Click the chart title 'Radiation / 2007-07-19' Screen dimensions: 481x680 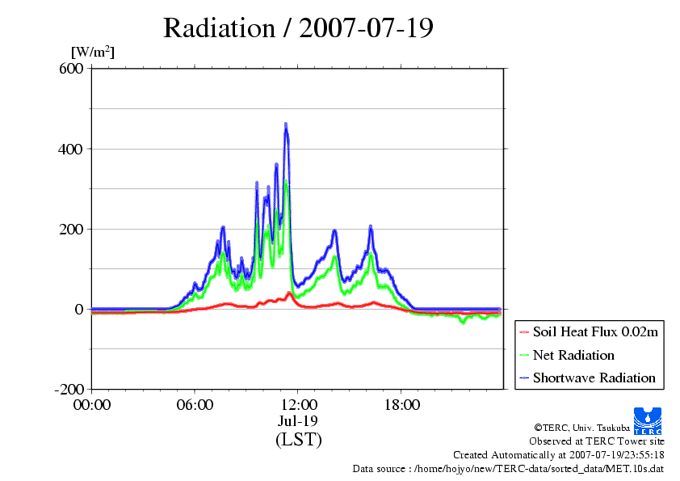(298, 27)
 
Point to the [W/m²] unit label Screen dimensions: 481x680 (93, 53)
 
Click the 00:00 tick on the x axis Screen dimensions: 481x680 (91, 404)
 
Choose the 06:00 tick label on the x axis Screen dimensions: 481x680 (195, 404)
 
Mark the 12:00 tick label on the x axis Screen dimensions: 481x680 (298, 404)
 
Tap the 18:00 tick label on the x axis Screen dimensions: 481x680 (401, 404)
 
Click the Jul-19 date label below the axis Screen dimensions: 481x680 (298, 421)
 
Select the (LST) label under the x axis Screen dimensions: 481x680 (298, 440)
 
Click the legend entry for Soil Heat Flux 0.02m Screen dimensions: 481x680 (587, 332)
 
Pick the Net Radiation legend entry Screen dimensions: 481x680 (573, 355)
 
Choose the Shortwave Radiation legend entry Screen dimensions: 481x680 (587, 378)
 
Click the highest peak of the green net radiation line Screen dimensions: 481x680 (286, 181)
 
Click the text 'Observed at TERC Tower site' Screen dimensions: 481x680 (597, 441)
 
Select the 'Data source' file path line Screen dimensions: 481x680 (508, 468)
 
